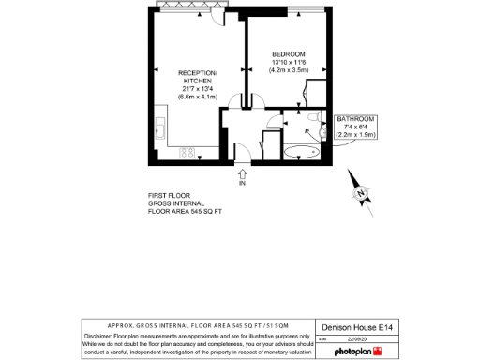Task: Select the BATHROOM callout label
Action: [356, 119]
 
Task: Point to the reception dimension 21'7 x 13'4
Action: [198, 89]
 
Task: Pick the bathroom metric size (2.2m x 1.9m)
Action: [356, 135]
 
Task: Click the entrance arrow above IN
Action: [242, 172]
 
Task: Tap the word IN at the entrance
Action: [242, 183]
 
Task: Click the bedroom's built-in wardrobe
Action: [317, 95]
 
